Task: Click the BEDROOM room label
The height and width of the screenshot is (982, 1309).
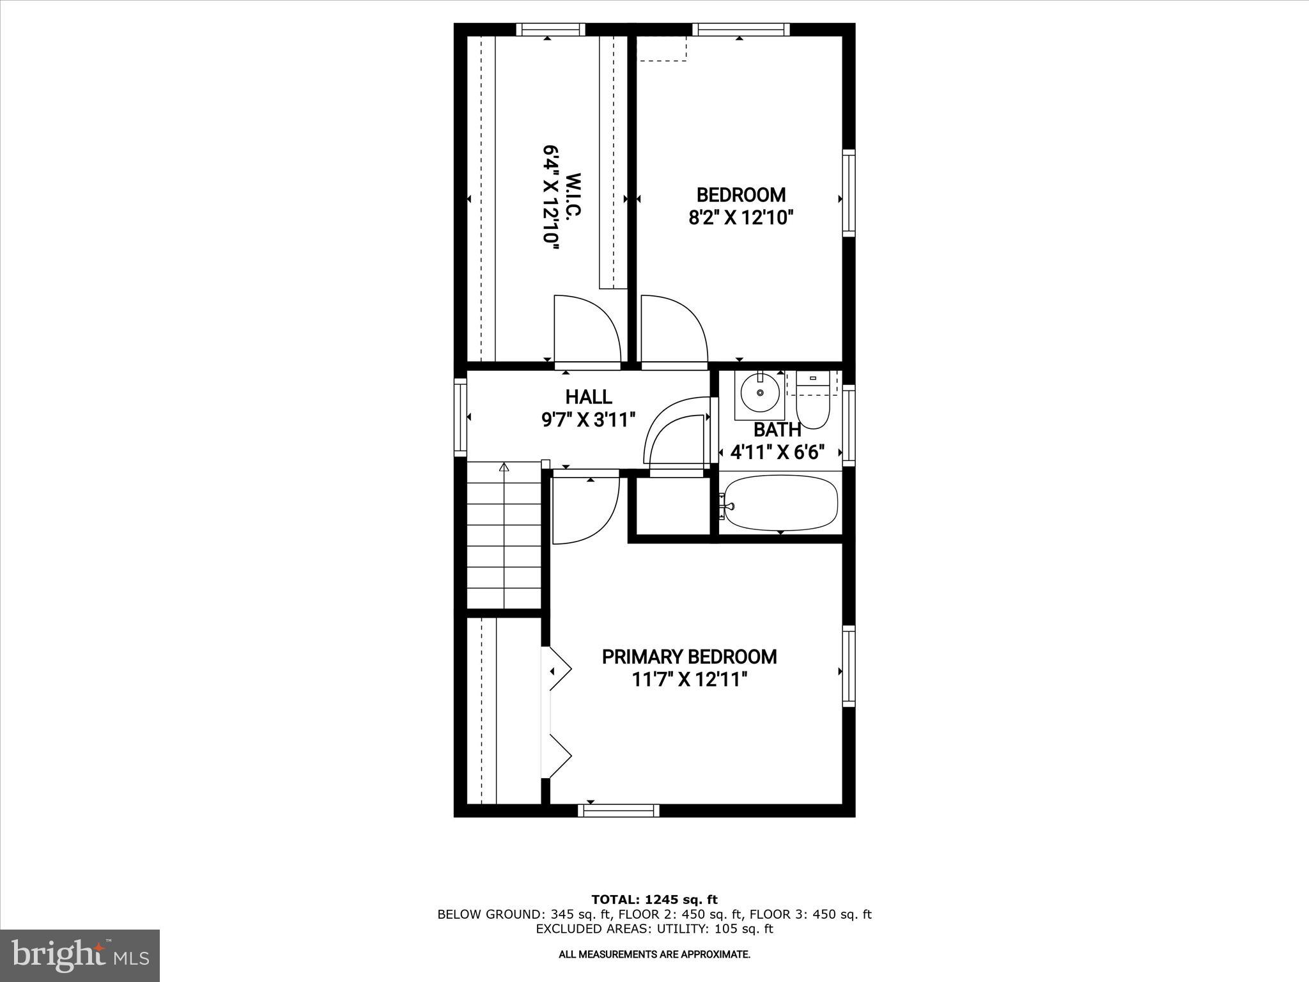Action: pyautogui.click(x=740, y=194)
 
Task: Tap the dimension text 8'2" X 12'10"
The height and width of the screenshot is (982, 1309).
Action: pyautogui.click(x=740, y=218)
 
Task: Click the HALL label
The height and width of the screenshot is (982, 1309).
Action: pyautogui.click(x=589, y=396)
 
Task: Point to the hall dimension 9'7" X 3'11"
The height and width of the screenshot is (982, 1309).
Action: pyautogui.click(x=589, y=420)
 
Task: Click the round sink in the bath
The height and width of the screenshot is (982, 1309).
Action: pyautogui.click(x=760, y=393)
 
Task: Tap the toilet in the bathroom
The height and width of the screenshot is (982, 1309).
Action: pyautogui.click(x=812, y=406)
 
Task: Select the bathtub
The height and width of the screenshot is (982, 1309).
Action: pyautogui.click(x=780, y=503)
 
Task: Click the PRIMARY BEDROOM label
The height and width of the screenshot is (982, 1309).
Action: pyautogui.click(x=689, y=657)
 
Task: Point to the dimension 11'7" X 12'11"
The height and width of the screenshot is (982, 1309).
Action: pyautogui.click(x=689, y=680)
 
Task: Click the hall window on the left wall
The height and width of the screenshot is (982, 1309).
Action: pyautogui.click(x=460, y=417)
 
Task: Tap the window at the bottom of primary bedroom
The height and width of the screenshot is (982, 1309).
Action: pyautogui.click(x=618, y=810)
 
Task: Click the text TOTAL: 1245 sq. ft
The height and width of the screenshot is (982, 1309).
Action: pyautogui.click(x=654, y=900)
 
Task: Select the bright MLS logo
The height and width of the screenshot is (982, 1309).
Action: pyautogui.click(x=80, y=955)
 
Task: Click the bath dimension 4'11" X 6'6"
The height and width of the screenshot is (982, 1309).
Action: pyautogui.click(x=777, y=453)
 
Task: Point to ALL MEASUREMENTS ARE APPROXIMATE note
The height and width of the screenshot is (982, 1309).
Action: pyautogui.click(x=654, y=955)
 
